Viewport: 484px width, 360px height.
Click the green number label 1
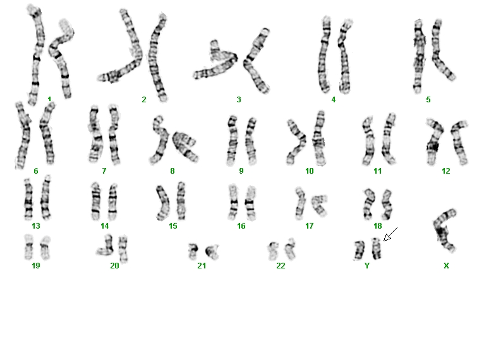[49, 99]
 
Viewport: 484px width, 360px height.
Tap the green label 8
[172, 171]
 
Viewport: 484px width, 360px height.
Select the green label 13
[36, 226]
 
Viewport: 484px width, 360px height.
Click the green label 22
[281, 266]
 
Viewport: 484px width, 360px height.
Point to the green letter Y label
[367, 266]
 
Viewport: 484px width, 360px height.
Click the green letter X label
[446, 266]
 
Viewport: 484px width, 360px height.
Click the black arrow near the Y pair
[390, 234]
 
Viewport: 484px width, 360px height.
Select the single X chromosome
[444, 231]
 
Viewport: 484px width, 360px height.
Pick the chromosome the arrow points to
[376, 248]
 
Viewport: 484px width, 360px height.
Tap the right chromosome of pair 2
[157, 57]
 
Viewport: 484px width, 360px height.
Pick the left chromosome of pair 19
[28, 247]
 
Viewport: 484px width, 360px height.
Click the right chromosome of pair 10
[318, 138]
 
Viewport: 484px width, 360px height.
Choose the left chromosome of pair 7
[95, 135]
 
